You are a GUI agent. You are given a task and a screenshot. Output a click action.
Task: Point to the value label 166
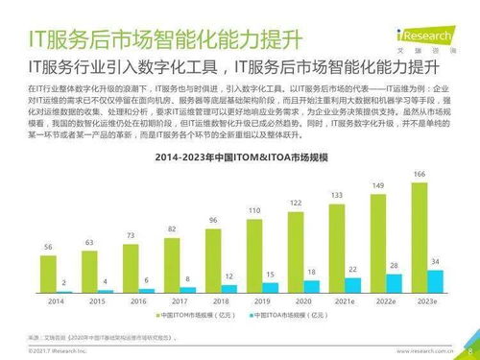click(x=420, y=173)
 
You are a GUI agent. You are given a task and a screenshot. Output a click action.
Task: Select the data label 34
click(x=437, y=262)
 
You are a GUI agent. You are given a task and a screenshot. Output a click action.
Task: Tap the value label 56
click(x=48, y=247)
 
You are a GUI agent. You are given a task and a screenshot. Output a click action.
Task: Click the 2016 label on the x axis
click(x=138, y=300)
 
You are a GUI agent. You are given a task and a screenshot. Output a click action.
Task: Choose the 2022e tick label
click(x=386, y=300)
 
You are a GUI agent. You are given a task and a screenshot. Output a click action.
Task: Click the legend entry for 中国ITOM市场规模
click(x=187, y=315)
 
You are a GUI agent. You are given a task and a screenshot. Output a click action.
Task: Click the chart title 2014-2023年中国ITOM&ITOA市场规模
click(x=240, y=155)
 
